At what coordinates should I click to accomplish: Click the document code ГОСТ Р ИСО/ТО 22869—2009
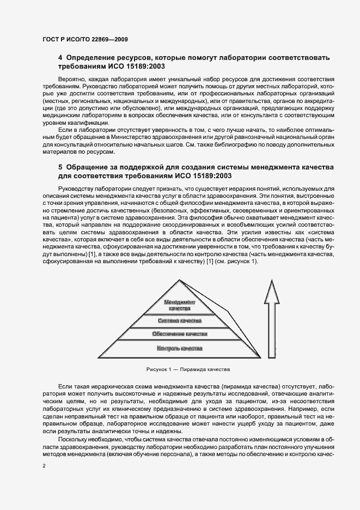(x=84, y=40)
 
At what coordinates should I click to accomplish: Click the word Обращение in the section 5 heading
(x=92, y=166)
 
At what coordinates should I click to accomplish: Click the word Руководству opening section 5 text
(x=77, y=189)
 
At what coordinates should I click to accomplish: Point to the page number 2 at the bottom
(x=44, y=466)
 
